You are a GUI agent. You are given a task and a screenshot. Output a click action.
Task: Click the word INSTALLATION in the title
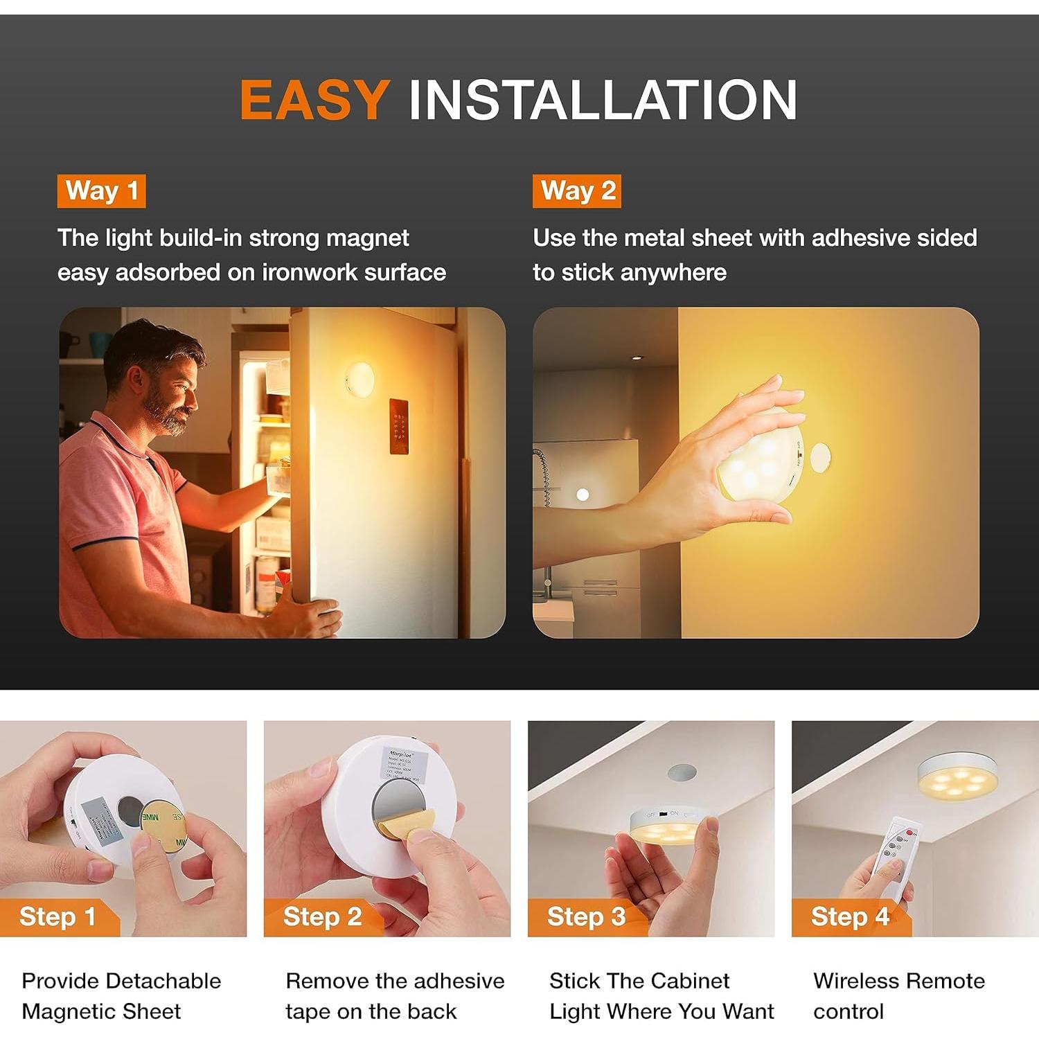(x=603, y=100)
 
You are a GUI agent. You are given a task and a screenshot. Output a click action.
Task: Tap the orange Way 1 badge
(x=101, y=190)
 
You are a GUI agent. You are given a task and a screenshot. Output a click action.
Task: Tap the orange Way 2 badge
(x=576, y=190)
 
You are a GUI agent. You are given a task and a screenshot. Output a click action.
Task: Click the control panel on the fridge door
(x=398, y=426)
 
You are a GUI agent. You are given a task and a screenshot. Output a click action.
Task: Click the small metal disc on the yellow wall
(x=820, y=458)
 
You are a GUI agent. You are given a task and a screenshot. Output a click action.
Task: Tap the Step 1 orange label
(x=57, y=916)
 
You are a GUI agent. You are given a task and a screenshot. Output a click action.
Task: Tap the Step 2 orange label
(x=322, y=916)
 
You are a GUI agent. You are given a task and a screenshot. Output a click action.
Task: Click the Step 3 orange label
(x=586, y=916)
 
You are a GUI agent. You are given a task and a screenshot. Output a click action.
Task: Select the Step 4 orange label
(x=850, y=916)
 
